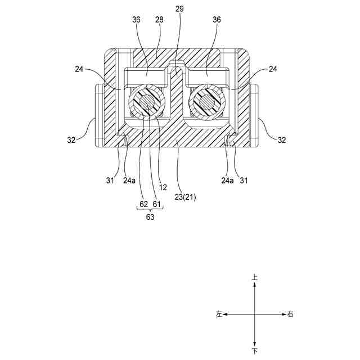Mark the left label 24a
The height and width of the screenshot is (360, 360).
click(x=129, y=181)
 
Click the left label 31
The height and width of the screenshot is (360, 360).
click(x=111, y=181)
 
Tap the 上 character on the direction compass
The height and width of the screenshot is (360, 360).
click(x=255, y=278)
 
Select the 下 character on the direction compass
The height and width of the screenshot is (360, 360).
click(x=255, y=352)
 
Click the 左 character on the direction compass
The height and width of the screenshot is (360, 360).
click(x=219, y=314)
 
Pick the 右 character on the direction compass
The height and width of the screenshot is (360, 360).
click(x=290, y=314)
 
